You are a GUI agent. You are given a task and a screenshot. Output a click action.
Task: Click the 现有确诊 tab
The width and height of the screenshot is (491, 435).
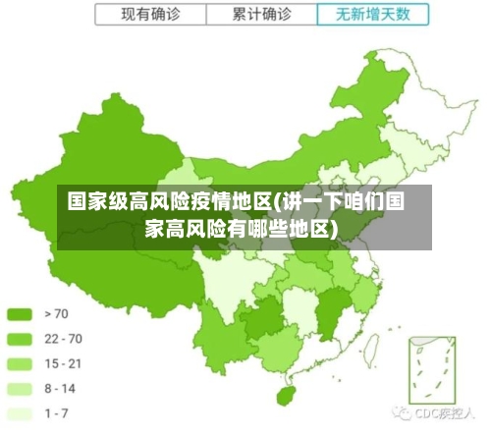click(151, 15)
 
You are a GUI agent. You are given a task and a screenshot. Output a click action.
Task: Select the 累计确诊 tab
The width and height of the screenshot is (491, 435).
click(262, 15)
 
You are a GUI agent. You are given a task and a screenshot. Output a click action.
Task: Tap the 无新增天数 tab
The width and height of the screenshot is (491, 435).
click(374, 15)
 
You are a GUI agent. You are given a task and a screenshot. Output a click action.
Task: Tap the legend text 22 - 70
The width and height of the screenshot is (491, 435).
click(64, 339)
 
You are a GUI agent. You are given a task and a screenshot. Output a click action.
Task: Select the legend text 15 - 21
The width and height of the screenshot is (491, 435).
click(64, 363)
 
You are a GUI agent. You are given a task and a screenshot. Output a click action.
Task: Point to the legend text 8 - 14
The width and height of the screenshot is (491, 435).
click(61, 388)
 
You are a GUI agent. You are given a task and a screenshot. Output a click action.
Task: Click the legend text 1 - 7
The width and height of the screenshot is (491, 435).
click(58, 412)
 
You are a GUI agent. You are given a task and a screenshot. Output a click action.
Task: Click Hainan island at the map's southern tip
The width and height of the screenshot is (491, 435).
click(287, 395)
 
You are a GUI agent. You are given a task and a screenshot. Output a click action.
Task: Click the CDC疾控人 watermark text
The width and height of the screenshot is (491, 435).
click(445, 411)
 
